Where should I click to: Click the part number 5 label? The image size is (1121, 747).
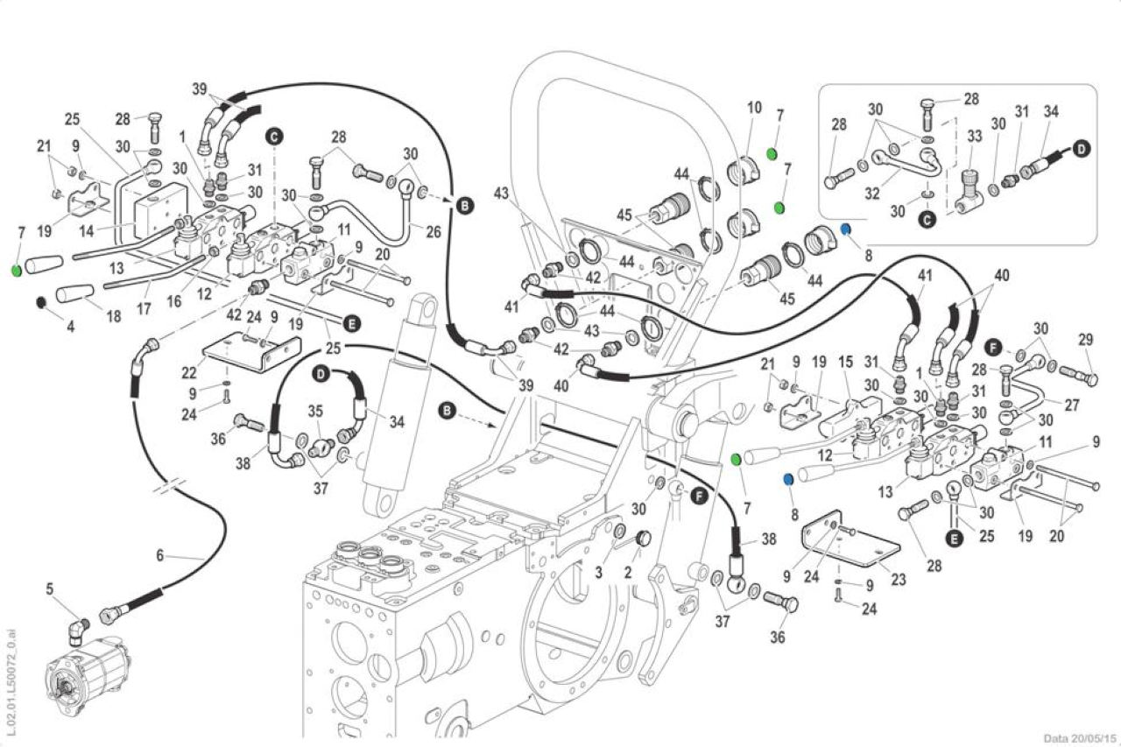tap(50, 588)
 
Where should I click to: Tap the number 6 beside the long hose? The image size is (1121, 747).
tap(160, 555)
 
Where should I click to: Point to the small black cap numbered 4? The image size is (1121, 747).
tap(41, 302)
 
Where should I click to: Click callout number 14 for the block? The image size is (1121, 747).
tap(87, 231)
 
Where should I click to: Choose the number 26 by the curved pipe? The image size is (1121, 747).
tap(434, 231)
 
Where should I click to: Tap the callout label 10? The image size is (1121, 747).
tap(754, 108)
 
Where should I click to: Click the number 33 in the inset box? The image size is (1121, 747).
tap(975, 136)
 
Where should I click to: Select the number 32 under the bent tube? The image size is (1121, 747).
tap(872, 194)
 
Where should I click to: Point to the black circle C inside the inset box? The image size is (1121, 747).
tap(928, 220)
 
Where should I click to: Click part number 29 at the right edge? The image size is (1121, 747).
tap(1085, 340)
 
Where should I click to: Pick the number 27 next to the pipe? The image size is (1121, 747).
tap(1071, 405)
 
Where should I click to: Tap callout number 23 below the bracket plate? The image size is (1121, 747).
tap(899, 580)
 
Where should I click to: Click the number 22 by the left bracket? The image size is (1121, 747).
tap(189, 372)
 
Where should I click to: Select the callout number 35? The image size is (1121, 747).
tap(315, 411)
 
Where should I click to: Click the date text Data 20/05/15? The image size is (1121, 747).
tap(1080, 738)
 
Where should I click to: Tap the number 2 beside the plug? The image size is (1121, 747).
tap(628, 571)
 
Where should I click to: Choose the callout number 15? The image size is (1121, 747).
tap(846, 362)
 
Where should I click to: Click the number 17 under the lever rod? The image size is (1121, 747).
tap(144, 308)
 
